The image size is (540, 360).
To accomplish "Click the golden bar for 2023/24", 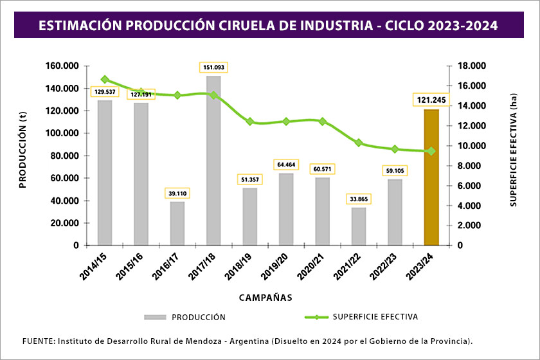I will (x=431, y=177).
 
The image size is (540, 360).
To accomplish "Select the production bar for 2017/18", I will (x=213, y=161).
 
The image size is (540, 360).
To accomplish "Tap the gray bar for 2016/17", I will (x=177, y=223).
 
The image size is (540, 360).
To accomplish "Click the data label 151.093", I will (x=213, y=67).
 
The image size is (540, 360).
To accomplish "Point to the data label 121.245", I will (x=431, y=100).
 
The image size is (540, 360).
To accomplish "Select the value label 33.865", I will (x=359, y=199).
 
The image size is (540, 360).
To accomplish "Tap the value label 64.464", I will (x=286, y=165).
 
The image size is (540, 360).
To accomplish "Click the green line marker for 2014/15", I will (x=105, y=80).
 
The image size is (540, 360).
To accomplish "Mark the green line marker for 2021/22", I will (x=359, y=143).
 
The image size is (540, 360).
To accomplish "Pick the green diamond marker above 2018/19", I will (x=250, y=122).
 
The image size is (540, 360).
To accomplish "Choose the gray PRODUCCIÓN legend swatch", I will (x=155, y=317).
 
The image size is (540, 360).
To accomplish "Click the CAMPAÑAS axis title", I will (x=265, y=298).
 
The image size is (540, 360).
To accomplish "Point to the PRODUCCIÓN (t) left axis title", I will (x=22, y=156).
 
